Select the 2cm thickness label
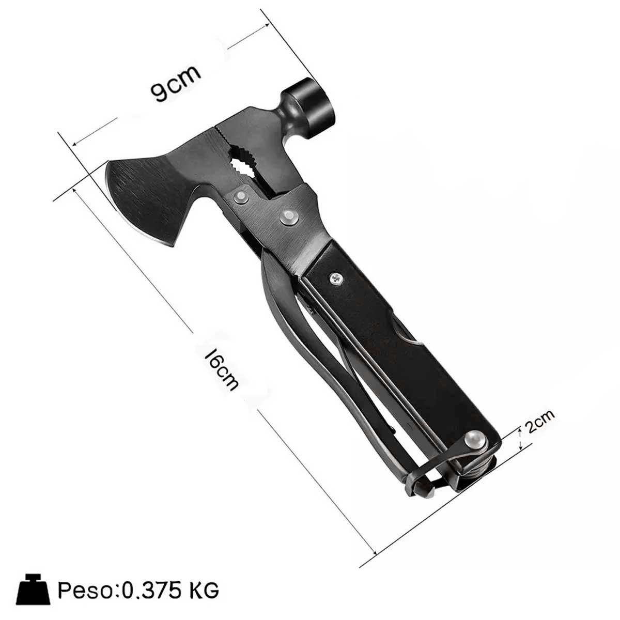point(539,421)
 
